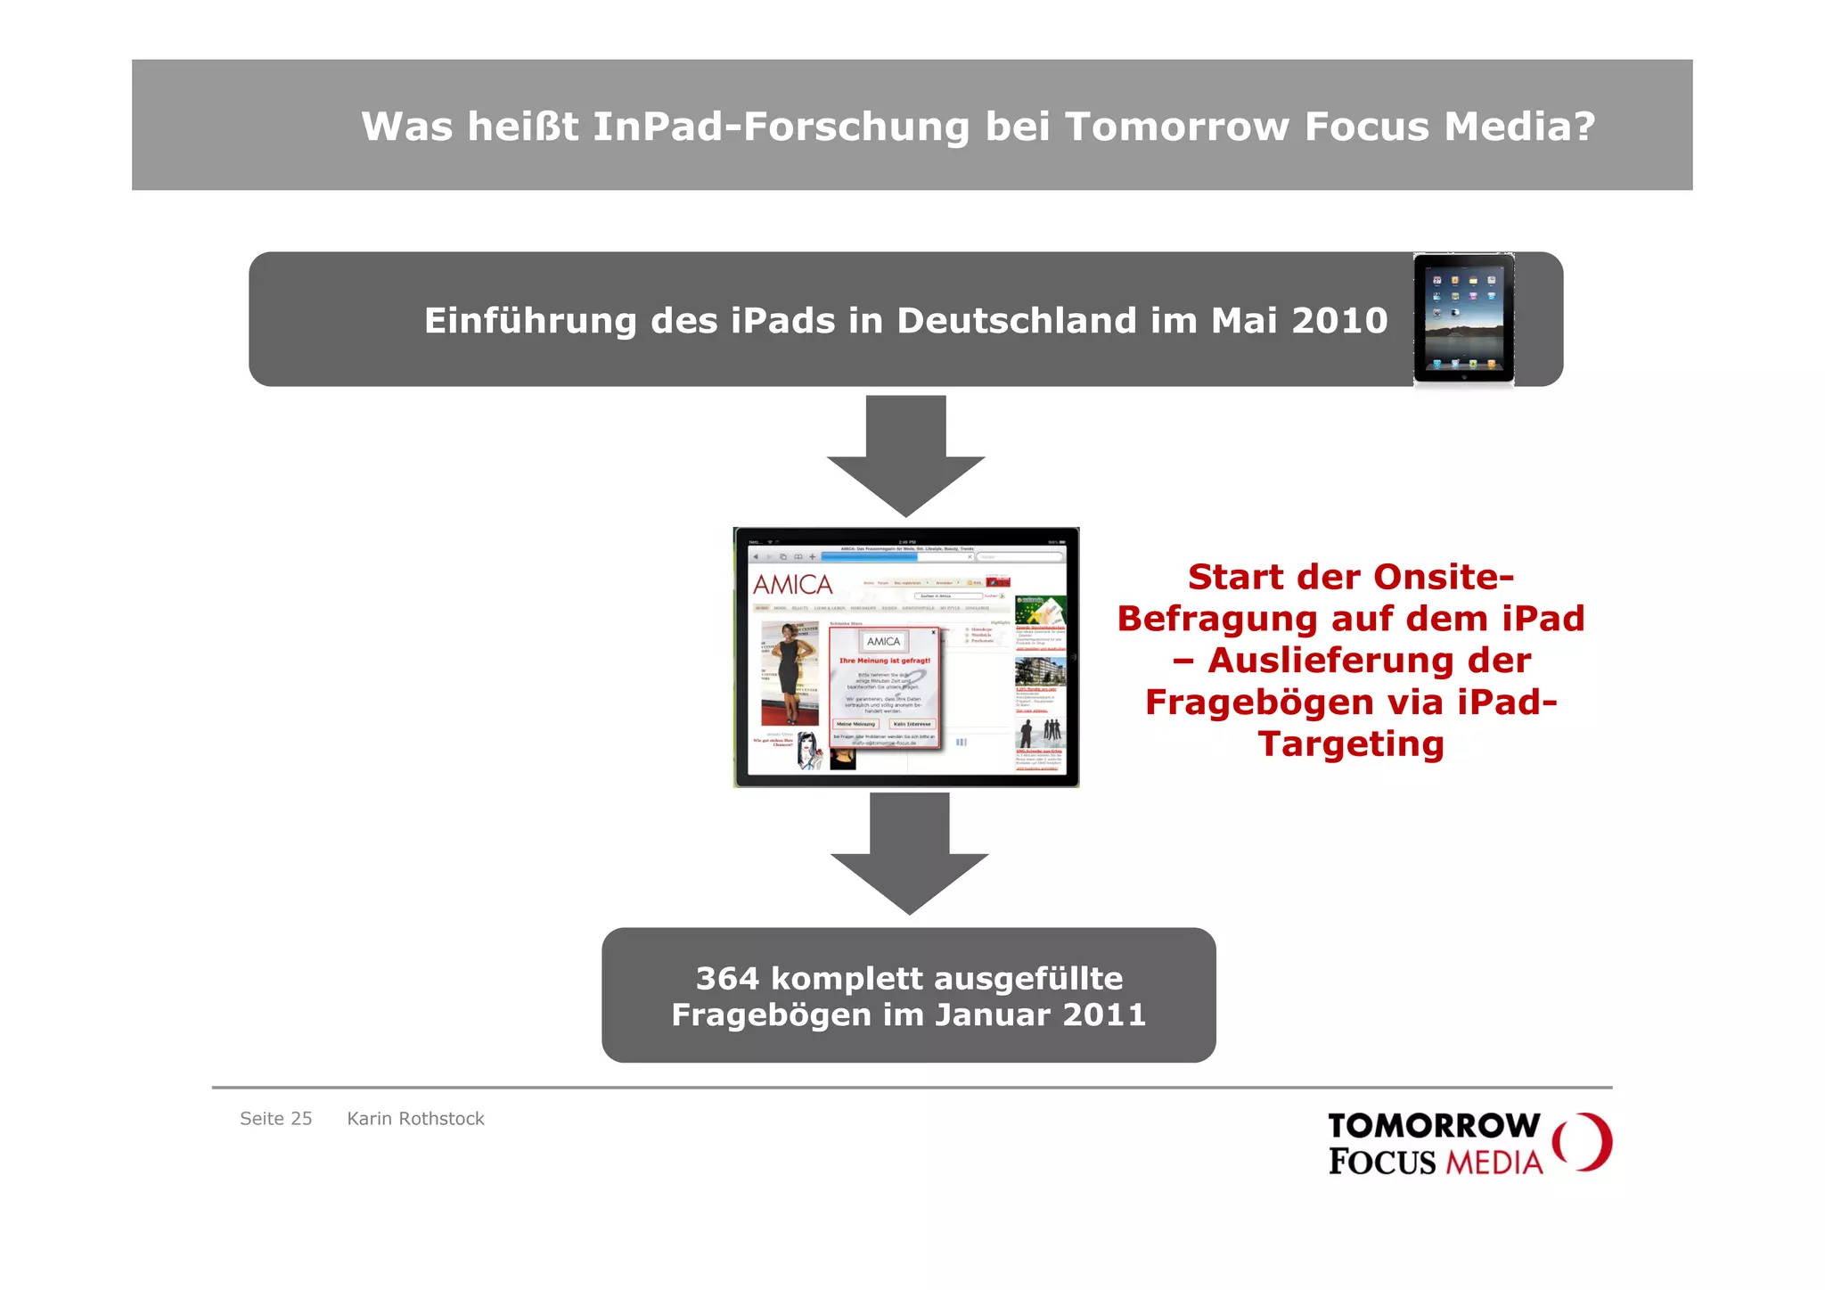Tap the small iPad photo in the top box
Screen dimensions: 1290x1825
(1463, 318)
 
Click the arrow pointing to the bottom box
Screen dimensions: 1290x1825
(909, 852)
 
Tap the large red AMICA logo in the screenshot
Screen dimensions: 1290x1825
(792, 585)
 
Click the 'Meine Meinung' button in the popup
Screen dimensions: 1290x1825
(855, 724)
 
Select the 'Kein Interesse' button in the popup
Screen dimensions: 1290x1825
(912, 724)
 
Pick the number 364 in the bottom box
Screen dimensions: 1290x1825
(727, 979)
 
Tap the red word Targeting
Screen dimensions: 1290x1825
(1350, 744)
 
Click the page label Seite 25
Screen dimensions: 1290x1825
(275, 1119)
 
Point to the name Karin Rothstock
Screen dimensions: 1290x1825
(415, 1119)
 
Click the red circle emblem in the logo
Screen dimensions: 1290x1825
(1582, 1141)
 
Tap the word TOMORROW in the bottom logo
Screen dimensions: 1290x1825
(1433, 1126)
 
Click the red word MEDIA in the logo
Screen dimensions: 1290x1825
(1494, 1163)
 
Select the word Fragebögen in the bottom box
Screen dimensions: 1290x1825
(772, 1015)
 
